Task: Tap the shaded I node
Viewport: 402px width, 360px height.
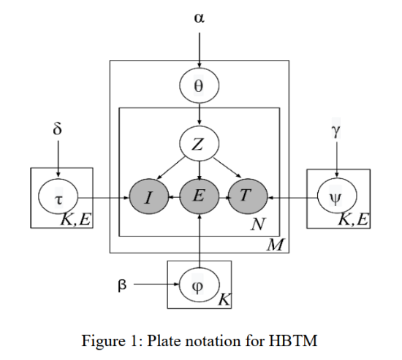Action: (x=149, y=196)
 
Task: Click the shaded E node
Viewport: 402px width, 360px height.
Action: (x=200, y=196)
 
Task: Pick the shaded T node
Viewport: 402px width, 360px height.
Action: (x=248, y=196)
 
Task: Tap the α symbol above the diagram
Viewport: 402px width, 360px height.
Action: (x=200, y=18)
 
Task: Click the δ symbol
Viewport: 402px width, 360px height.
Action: (x=58, y=128)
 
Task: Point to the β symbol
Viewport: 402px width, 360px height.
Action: (x=122, y=284)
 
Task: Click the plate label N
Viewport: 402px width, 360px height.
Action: (x=258, y=224)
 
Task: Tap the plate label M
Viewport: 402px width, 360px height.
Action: (x=275, y=245)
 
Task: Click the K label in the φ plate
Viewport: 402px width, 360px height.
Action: (x=224, y=299)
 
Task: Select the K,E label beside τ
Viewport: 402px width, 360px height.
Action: (x=76, y=220)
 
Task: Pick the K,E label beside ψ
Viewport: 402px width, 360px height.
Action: (x=354, y=220)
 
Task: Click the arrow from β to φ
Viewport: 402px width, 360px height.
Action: (x=156, y=284)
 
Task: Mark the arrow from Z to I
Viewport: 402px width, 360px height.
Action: (x=170, y=168)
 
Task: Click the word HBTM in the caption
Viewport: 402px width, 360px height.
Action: (x=293, y=341)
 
